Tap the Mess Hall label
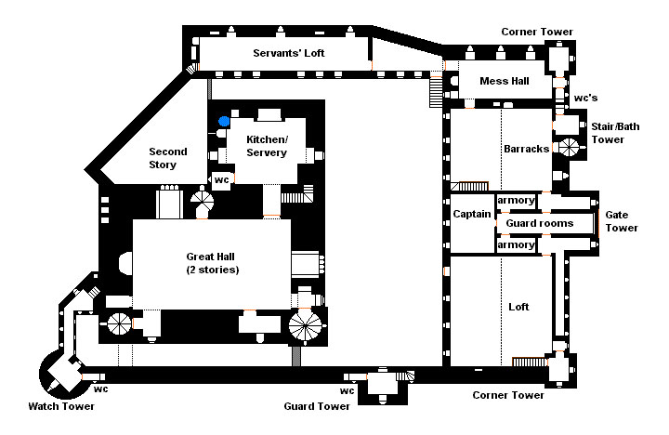click(x=504, y=81)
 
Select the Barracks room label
click(x=527, y=149)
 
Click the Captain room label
click(x=472, y=215)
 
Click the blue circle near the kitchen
click(x=224, y=121)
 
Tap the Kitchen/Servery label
click(x=267, y=146)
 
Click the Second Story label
click(x=168, y=159)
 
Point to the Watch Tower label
click(x=61, y=406)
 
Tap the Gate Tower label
click(x=622, y=220)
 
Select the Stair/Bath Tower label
click(x=613, y=132)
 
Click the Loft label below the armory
click(x=518, y=307)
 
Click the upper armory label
click(x=516, y=201)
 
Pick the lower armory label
click(x=516, y=245)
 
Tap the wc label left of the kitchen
click(x=221, y=179)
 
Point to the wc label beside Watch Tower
click(x=101, y=389)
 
